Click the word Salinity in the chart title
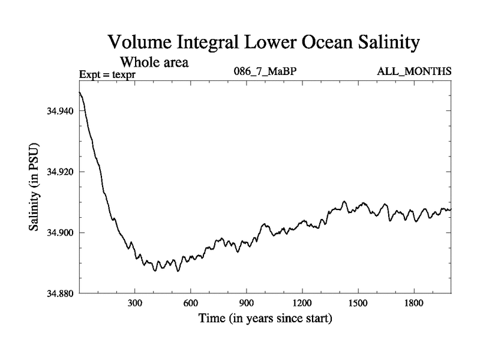click(382, 43)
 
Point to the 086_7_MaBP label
click(265, 72)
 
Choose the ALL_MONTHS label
click(414, 72)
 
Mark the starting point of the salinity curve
click(80, 92)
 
